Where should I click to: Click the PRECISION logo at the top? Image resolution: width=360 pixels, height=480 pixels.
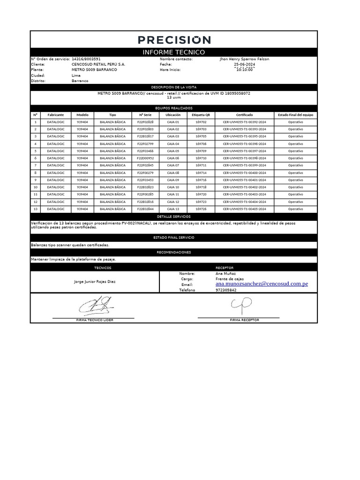pos(174,40)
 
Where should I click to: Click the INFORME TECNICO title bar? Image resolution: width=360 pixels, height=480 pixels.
pos(174,52)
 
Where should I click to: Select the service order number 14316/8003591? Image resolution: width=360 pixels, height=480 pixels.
pos(86,59)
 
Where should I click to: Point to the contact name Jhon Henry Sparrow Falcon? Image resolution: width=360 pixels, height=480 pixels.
pos(244,59)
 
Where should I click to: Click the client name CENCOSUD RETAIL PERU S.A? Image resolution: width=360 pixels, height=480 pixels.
pos(98,64)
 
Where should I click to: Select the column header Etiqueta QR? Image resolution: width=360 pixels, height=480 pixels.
pos(201,114)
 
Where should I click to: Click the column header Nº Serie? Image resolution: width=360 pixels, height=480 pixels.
pos(145,114)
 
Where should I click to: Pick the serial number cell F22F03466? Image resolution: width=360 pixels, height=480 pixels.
pos(145,151)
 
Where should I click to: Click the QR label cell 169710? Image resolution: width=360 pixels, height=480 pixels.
pos(201,158)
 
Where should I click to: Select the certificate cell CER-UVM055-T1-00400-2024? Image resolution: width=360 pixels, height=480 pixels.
pos(244,173)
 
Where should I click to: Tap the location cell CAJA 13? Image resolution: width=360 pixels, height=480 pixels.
pos(173,209)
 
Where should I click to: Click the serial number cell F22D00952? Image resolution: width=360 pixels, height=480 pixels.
pos(145,158)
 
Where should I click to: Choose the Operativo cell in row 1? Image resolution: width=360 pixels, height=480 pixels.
pos(295,122)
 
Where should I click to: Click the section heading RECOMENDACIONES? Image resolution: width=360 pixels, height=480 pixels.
pos(174,253)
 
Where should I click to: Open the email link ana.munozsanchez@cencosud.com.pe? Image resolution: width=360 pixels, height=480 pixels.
pos(262,284)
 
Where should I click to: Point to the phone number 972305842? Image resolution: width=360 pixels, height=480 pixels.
pos(226,290)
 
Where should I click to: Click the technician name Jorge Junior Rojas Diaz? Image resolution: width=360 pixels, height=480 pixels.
pos(95,282)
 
